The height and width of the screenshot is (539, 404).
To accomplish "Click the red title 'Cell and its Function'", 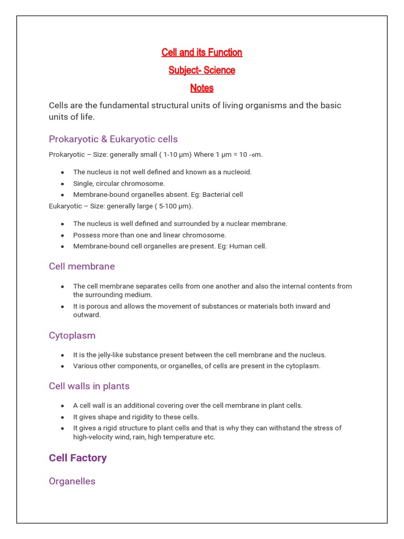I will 201,52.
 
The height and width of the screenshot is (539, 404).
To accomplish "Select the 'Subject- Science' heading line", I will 201,70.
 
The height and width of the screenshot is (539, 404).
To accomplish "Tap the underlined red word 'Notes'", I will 201,88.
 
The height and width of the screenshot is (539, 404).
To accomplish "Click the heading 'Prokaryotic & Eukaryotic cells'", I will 113,139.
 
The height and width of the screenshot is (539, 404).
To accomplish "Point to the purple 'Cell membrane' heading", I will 82,266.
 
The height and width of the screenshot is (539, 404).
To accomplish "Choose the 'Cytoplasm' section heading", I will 72,335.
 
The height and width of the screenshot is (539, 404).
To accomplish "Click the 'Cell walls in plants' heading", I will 89,386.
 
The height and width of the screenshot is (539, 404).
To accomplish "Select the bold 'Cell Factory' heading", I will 78,458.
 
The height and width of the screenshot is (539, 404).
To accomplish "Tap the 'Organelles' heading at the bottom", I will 72,481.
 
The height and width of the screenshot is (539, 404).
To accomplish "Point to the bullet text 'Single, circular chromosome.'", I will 119,183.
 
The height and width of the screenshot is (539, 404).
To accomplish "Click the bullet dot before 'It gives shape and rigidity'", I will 62,417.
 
